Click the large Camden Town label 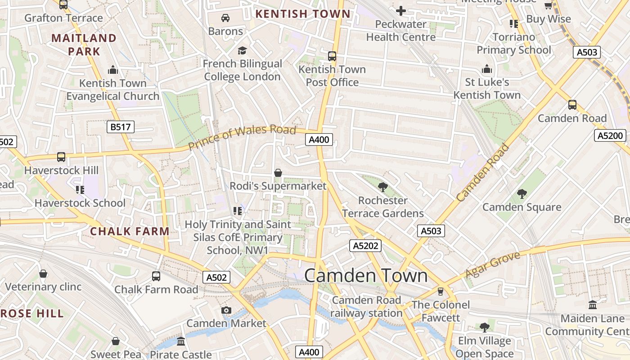(366, 275)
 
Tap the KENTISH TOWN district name (302, 14)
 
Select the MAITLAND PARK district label (84, 45)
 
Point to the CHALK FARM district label (130, 231)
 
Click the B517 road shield (121, 127)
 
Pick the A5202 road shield (365, 246)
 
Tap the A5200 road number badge (610, 135)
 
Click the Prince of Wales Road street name (242, 137)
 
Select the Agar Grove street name (492, 265)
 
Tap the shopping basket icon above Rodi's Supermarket (278, 173)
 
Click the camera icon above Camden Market (226, 310)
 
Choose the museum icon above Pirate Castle (181, 342)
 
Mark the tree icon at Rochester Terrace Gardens (383, 187)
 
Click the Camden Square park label (522, 207)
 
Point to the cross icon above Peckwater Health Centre (400, 10)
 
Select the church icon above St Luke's (486, 69)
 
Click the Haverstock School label (80, 203)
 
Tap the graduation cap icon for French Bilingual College (243, 50)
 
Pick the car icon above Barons (225, 18)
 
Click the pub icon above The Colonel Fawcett (441, 292)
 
